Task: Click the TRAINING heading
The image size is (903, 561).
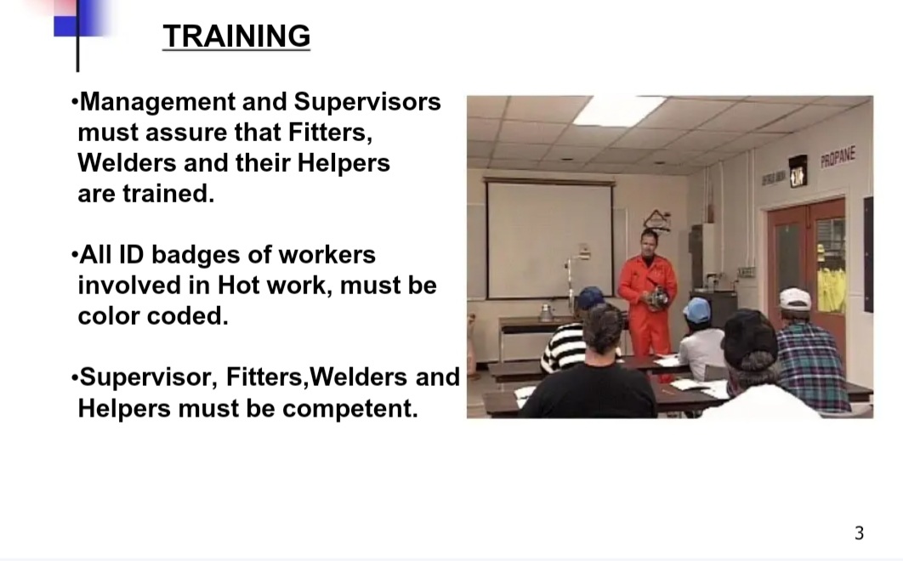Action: [x=236, y=36]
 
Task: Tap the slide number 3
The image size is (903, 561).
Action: [x=859, y=533]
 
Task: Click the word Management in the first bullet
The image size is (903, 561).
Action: [x=158, y=103]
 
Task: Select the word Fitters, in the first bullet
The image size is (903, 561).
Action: [x=330, y=133]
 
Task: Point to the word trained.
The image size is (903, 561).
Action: [x=168, y=194]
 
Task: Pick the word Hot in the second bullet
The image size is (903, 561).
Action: [x=238, y=285]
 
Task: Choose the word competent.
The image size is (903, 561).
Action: [x=350, y=409]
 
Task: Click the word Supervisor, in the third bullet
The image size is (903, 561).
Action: [x=148, y=378]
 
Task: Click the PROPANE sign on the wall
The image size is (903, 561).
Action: [x=838, y=156]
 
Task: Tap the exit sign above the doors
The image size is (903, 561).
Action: [x=798, y=171]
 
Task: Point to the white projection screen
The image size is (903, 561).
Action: [x=550, y=240]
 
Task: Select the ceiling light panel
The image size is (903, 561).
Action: [x=620, y=110]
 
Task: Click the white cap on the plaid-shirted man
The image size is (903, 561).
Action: [x=795, y=299]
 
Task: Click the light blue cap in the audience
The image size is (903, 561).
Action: [x=697, y=310]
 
